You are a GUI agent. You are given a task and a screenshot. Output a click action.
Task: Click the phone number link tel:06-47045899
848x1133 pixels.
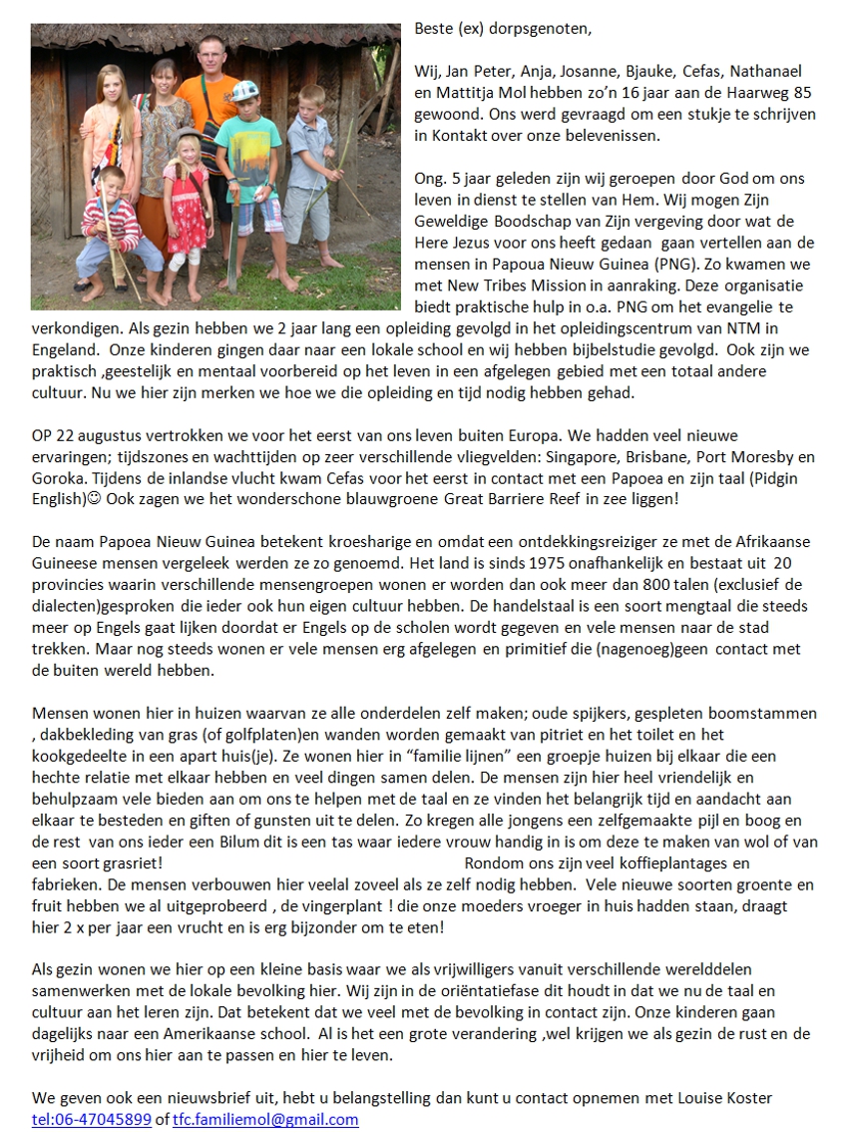92,1120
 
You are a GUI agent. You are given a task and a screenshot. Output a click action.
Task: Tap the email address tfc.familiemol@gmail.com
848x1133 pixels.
265,1120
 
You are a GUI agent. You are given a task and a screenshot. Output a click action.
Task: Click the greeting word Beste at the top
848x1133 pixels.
433,28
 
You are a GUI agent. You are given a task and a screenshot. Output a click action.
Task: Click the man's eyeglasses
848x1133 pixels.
211,56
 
